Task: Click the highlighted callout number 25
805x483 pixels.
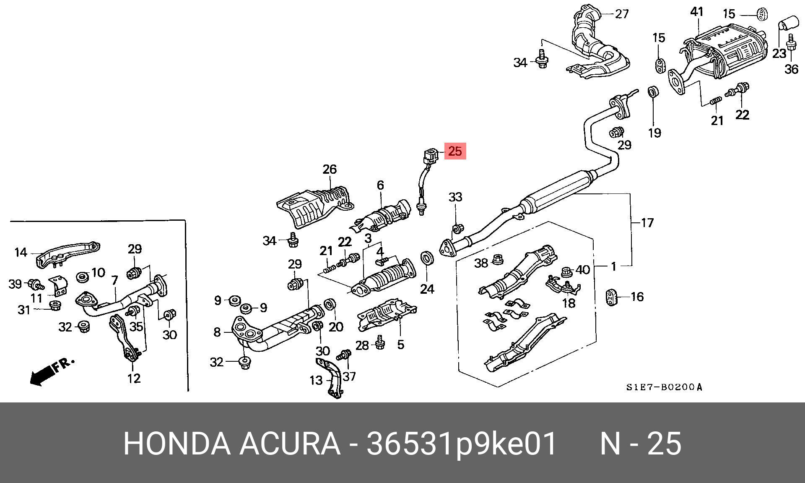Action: point(455,151)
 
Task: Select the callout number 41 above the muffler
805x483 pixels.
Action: point(696,12)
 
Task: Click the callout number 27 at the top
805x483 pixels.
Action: point(622,14)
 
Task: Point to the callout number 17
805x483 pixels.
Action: point(647,222)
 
